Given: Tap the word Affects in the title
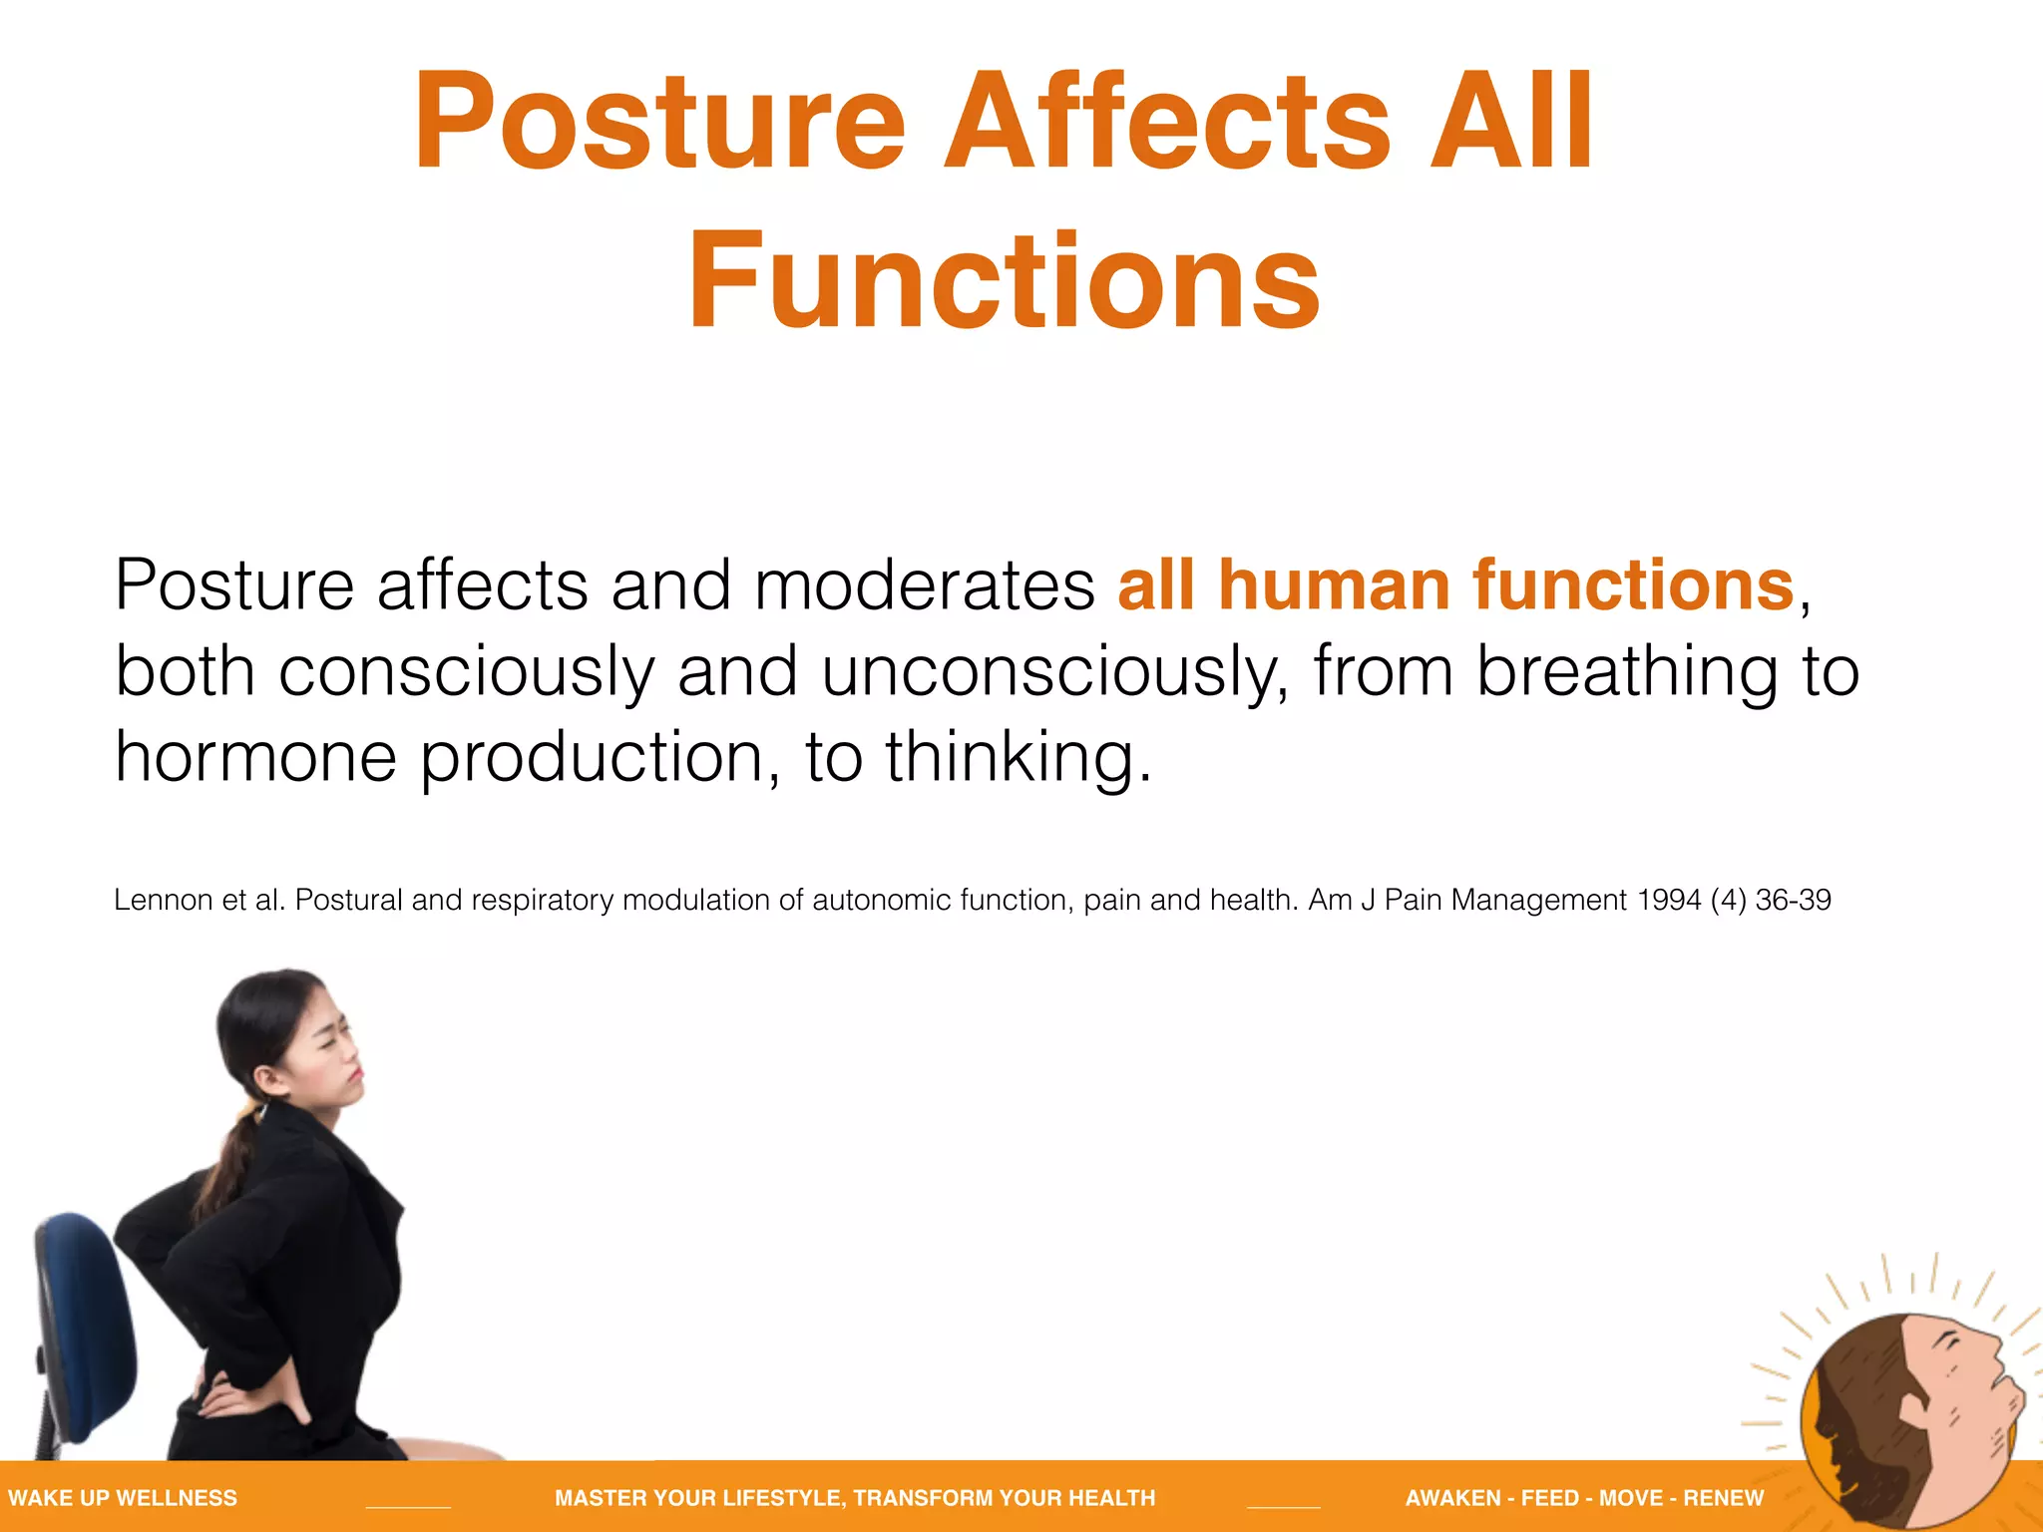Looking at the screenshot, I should pyautogui.click(x=1167, y=122).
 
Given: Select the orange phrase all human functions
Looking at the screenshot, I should pyautogui.click(x=1455, y=585).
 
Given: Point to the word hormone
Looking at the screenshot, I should pyautogui.click(x=255, y=757).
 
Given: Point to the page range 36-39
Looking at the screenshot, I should pyautogui.click(x=1793, y=900).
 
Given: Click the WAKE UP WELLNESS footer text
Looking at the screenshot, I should pyautogui.click(x=123, y=1498).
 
